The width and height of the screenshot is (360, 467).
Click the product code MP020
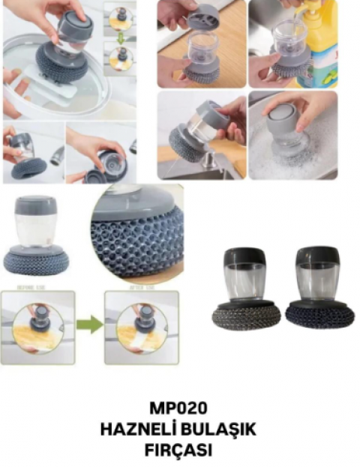179,409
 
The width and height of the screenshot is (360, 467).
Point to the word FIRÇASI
179,451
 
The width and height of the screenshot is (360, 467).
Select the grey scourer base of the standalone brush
35,262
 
